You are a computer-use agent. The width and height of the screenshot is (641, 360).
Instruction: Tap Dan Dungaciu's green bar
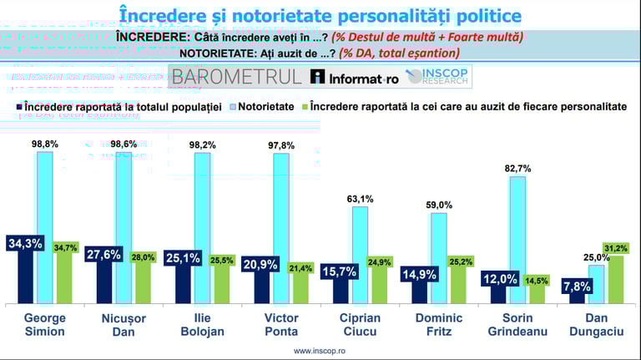tap(617, 280)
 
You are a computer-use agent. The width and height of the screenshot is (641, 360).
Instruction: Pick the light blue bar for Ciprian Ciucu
tap(360, 255)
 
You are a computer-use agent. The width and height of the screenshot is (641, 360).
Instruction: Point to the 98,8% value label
tap(45, 144)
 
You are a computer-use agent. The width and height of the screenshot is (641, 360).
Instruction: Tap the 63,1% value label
tap(361, 198)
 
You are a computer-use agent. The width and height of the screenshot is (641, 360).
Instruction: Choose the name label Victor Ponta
tap(280, 324)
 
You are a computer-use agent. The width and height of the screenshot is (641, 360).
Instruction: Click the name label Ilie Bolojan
tap(202, 324)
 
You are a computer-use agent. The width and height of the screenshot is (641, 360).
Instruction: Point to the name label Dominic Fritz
tap(438, 324)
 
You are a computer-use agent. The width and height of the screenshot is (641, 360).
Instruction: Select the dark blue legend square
tap(19, 107)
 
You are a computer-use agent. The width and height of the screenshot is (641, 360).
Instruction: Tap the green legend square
tap(305, 107)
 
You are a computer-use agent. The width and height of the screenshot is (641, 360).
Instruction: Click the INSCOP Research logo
tap(439, 77)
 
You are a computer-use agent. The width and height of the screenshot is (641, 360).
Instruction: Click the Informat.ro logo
tap(355, 77)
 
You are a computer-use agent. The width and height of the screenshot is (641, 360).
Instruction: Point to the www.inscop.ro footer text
tap(320, 352)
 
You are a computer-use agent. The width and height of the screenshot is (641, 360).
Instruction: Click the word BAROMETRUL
tap(236, 77)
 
